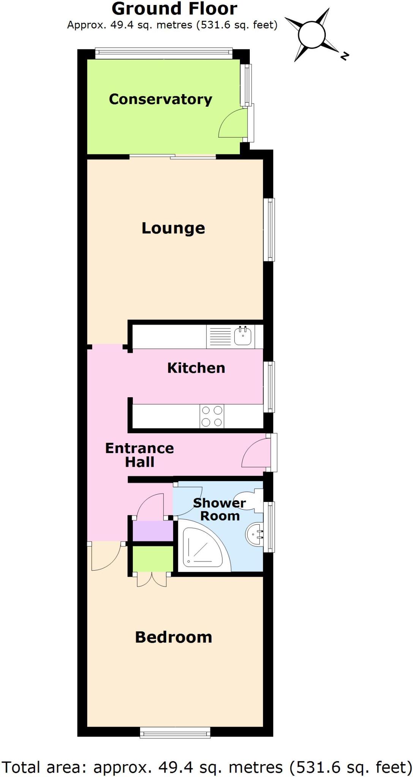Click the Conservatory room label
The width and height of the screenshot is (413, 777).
(160, 99)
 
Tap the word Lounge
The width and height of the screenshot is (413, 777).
(173, 228)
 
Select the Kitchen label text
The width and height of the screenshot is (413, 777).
(196, 368)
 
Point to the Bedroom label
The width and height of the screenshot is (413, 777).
(173, 637)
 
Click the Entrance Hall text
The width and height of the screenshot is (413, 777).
(139, 455)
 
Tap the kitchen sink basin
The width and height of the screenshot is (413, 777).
(243, 336)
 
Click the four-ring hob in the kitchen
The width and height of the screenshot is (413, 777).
(212, 416)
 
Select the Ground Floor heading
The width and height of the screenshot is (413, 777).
(174, 9)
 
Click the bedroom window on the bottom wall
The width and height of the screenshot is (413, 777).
(175, 733)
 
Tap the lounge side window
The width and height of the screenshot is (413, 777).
(269, 230)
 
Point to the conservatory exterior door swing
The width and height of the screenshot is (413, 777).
(232, 124)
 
